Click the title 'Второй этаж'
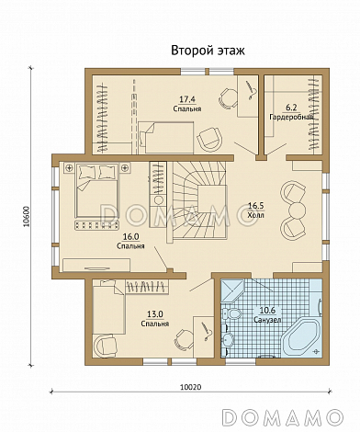[x=208, y=51]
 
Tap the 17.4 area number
[x=187, y=99]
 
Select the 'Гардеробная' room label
[x=291, y=117]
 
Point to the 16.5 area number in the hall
[x=255, y=206]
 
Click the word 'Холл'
[x=255, y=215]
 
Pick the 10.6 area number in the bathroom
[x=267, y=310]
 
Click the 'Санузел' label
[x=267, y=320]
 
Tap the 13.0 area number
[x=155, y=313]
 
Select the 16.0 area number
[x=130, y=236]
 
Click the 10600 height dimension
[x=27, y=216]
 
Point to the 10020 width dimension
[x=190, y=387]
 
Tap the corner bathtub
[x=301, y=337]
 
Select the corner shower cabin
[x=232, y=290]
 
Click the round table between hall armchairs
[x=297, y=210]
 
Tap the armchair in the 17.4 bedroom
[x=209, y=138]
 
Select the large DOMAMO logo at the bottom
[x=282, y=416]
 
